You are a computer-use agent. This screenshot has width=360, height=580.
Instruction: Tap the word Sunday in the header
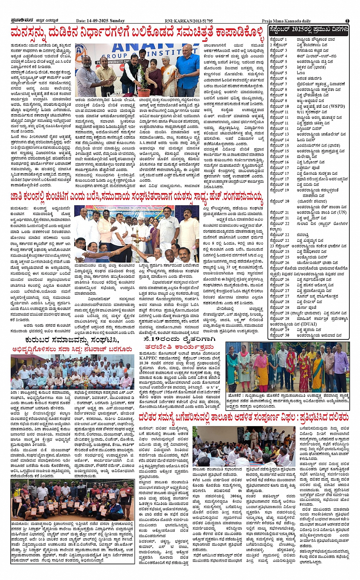(118, 21)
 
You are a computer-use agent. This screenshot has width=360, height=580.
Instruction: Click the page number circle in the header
(347, 21)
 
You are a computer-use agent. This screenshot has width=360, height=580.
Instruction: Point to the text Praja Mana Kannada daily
(286, 21)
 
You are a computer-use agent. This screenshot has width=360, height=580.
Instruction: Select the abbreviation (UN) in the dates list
(341, 212)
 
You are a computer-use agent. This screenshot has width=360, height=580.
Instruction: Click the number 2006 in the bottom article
(235, 496)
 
